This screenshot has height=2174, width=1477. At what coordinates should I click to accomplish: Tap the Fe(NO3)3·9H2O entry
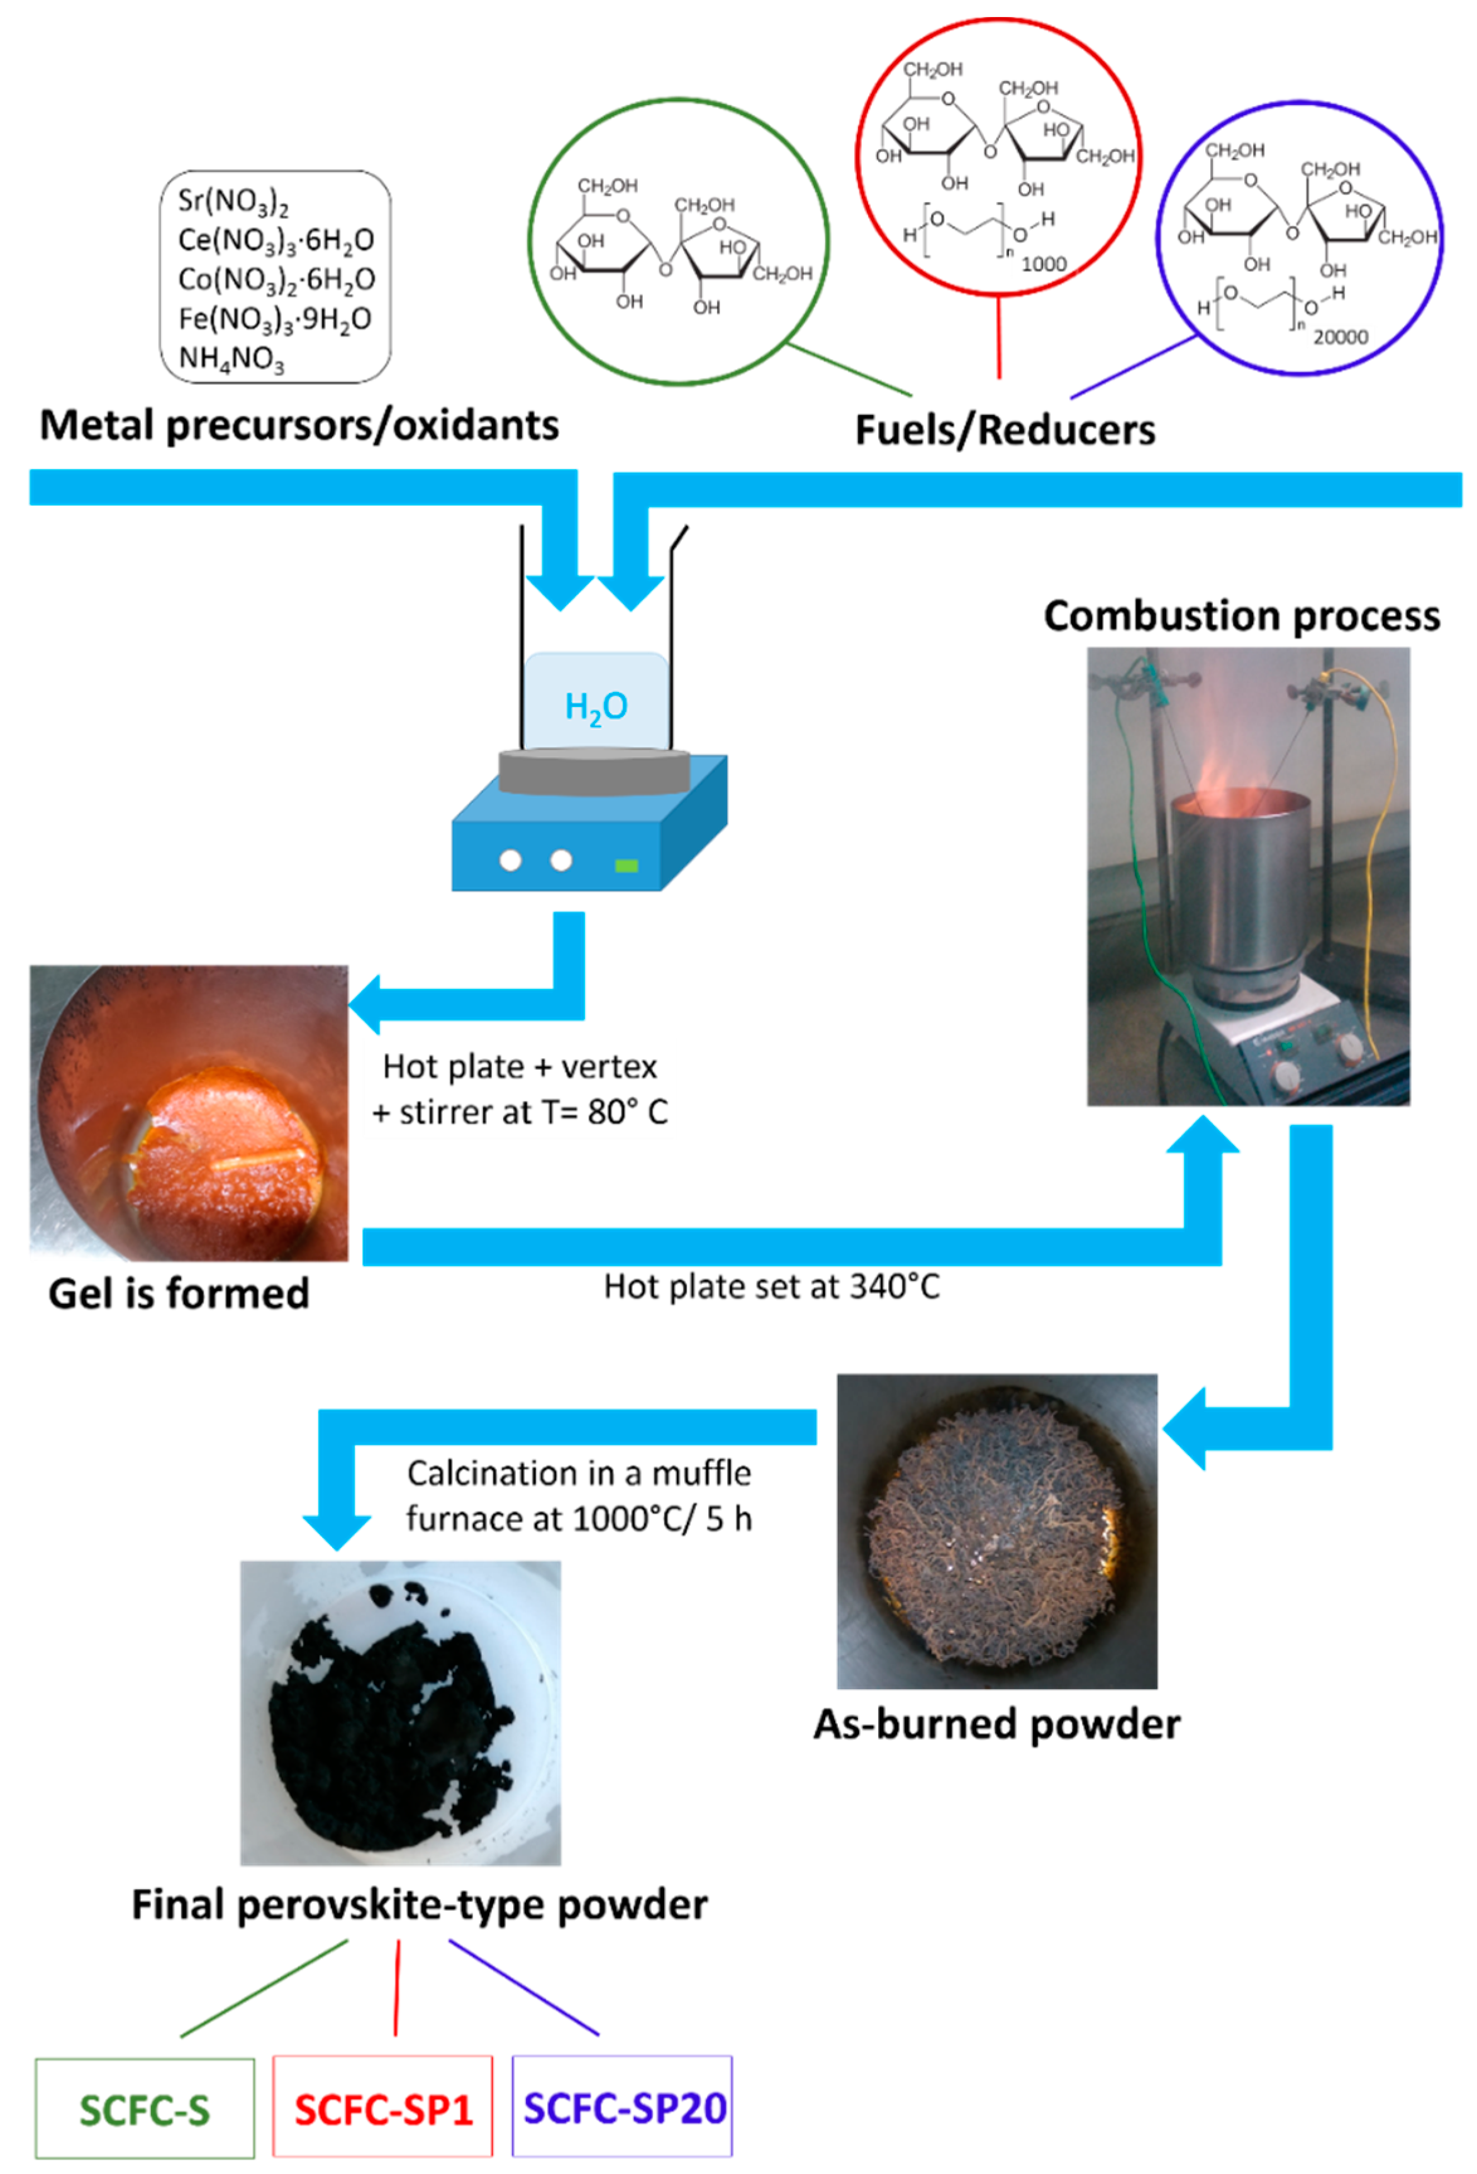(275, 319)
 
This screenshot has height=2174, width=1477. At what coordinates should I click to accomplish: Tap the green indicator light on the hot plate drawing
(626, 866)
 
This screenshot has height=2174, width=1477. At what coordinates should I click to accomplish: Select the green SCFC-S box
(145, 2109)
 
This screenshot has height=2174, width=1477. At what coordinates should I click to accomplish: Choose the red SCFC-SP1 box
(382, 2109)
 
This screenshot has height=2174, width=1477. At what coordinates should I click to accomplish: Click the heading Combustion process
(1241, 616)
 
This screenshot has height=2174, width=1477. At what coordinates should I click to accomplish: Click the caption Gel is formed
(179, 1294)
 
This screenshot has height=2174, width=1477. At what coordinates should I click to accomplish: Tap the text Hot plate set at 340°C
(772, 1287)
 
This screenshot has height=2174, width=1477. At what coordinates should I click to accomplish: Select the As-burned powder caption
(996, 1724)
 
